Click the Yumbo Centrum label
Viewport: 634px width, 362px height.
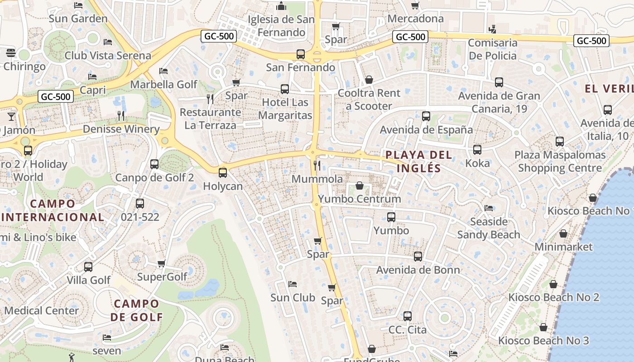click(x=359, y=199)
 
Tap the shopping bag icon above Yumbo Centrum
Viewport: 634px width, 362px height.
click(x=360, y=186)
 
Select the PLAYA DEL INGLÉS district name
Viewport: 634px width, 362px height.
click(x=413, y=162)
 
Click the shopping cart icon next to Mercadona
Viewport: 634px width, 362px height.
click(x=415, y=5)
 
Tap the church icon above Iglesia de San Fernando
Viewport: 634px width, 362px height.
click(x=281, y=6)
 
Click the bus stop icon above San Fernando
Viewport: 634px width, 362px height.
click(x=301, y=54)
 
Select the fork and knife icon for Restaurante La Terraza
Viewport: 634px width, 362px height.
click(x=210, y=99)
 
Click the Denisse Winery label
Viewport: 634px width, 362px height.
click(x=121, y=129)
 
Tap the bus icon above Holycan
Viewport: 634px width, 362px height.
click(x=222, y=172)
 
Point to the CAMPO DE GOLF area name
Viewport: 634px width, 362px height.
click(x=136, y=310)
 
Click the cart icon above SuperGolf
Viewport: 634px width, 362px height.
click(x=161, y=263)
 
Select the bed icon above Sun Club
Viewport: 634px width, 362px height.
click(x=293, y=284)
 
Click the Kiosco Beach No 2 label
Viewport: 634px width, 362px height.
click(x=553, y=297)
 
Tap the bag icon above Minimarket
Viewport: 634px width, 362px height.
click(x=563, y=233)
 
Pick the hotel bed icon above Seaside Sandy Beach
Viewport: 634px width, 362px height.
click(x=489, y=208)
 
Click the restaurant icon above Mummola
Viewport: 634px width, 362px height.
click(x=317, y=165)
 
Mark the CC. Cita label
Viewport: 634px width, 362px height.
click(x=408, y=330)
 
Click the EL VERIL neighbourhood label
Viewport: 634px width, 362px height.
click(x=609, y=89)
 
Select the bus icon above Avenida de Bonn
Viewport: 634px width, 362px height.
click(x=418, y=257)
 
